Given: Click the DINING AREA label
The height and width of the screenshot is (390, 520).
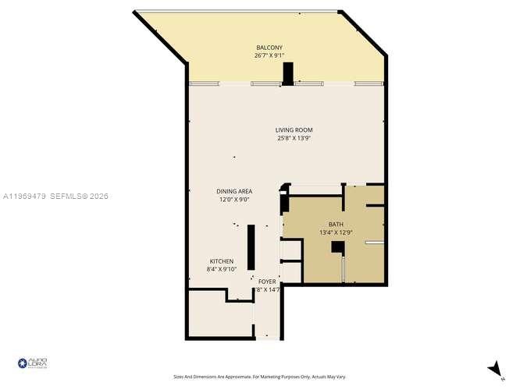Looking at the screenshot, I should [x=234, y=191].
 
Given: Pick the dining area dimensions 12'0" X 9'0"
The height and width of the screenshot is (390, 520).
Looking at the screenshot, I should [x=234, y=200].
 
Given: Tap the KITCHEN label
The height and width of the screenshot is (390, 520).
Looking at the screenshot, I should [x=221, y=261].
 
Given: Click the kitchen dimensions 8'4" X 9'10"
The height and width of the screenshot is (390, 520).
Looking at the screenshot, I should [x=221, y=269].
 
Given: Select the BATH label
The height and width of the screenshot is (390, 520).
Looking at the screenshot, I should [x=336, y=224].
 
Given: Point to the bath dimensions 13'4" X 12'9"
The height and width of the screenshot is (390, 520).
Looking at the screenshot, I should [x=336, y=232].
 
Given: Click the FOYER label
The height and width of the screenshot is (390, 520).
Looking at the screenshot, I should [x=267, y=282].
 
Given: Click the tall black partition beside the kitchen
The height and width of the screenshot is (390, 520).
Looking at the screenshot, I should [x=251, y=246].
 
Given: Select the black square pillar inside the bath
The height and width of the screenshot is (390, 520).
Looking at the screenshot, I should [x=337, y=247].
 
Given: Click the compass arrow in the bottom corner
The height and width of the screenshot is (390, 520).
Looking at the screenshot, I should [x=493, y=369].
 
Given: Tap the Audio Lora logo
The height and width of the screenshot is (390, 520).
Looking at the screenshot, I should [x=33, y=363].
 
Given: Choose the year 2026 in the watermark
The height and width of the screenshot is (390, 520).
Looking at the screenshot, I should [x=98, y=197].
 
